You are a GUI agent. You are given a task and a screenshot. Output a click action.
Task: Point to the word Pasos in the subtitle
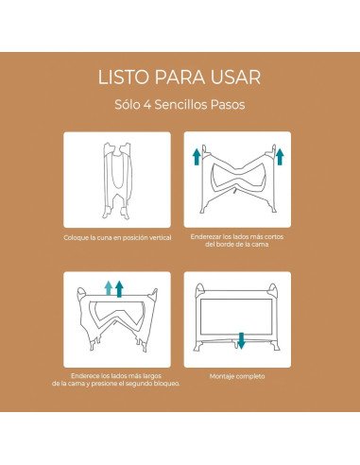(232, 105)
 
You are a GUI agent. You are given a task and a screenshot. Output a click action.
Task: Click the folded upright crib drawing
(117, 179)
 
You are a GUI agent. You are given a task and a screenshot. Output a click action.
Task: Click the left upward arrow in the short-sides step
(196, 155)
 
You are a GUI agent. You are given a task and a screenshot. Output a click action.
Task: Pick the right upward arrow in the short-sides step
(280, 155)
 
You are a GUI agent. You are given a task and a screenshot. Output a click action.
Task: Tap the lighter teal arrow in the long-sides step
(108, 288)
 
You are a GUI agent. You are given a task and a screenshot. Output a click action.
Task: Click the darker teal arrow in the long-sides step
(120, 287)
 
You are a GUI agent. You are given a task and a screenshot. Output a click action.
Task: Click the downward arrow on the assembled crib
(241, 338)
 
